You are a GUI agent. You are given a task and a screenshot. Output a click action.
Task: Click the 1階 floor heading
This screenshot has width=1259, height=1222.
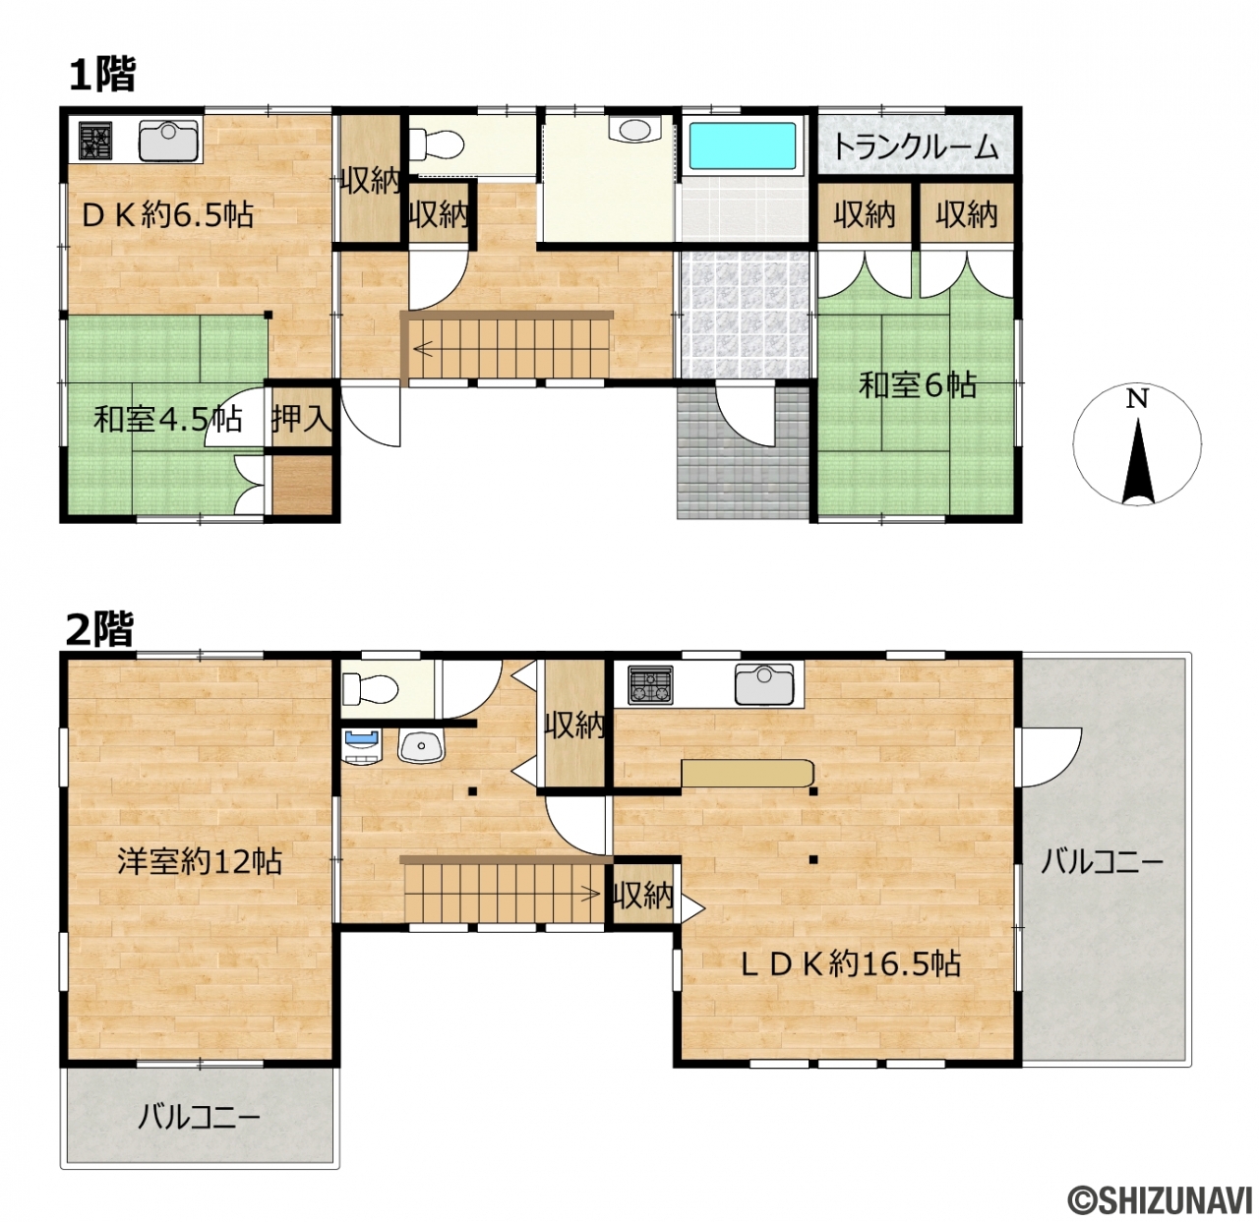(x=102, y=75)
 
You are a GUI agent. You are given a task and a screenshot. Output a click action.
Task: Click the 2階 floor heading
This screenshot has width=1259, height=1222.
(x=100, y=628)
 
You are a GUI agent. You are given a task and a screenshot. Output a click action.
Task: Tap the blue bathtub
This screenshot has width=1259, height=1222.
(x=742, y=145)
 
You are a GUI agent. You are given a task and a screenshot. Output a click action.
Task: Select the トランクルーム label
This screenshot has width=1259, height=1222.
(x=916, y=147)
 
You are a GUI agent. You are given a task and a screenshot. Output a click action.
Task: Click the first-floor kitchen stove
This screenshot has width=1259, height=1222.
(x=95, y=141)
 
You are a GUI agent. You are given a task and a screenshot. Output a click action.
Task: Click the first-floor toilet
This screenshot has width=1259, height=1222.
(x=436, y=144)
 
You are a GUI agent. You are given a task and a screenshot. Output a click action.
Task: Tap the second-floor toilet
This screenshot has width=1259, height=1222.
(x=369, y=688)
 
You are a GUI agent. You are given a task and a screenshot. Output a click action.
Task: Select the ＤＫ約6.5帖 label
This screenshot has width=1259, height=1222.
(x=167, y=214)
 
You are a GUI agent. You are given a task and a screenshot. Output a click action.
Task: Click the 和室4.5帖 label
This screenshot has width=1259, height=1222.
(x=168, y=420)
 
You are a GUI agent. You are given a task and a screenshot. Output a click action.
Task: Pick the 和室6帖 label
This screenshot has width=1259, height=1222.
(x=918, y=386)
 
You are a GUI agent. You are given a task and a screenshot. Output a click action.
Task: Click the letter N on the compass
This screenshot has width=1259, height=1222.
(x=1137, y=399)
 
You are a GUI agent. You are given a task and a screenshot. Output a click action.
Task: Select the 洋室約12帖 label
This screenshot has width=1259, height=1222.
(x=200, y=862)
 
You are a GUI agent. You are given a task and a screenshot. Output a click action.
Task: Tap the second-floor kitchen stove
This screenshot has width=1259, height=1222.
(x=650, y=684)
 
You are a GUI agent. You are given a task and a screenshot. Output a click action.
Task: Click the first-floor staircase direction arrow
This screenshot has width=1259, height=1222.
(x=424, y=350)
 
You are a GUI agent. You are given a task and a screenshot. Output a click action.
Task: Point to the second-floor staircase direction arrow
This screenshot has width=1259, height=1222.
(x=590, y=895)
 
